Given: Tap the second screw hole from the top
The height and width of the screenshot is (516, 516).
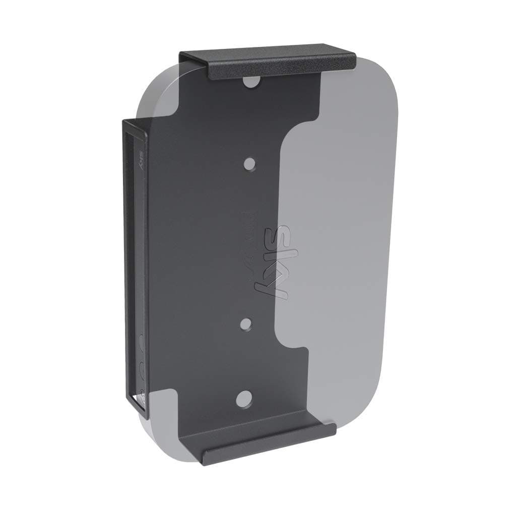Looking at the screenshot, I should tap(249, 164).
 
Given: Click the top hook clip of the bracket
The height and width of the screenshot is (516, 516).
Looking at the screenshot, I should tap(268, 63).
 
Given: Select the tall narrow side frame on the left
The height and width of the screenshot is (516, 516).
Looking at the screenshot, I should tap(135, 267).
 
